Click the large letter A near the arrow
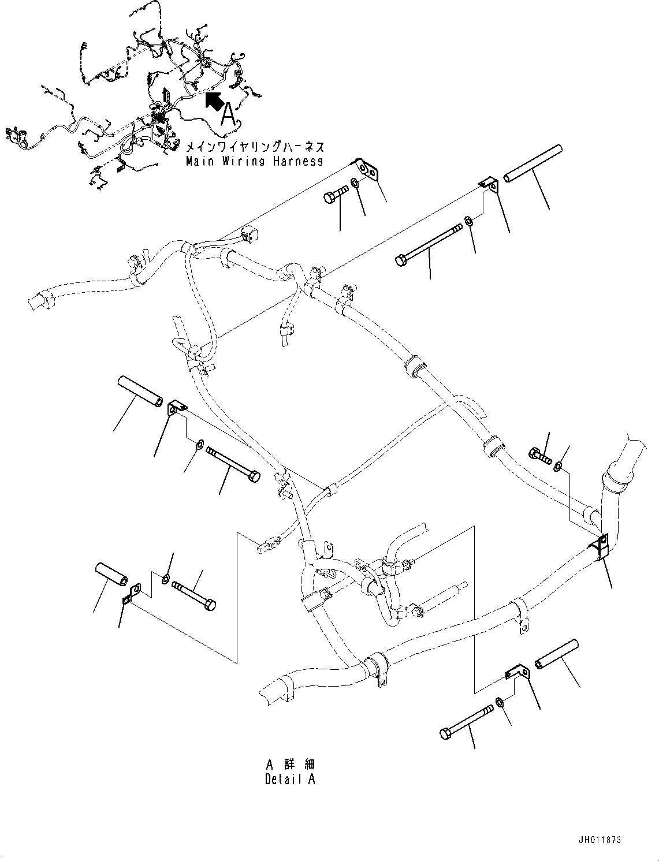coord(229,114)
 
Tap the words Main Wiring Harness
coord(254,161)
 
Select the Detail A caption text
coord(290,779)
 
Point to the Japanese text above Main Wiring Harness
coord(255,147)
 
